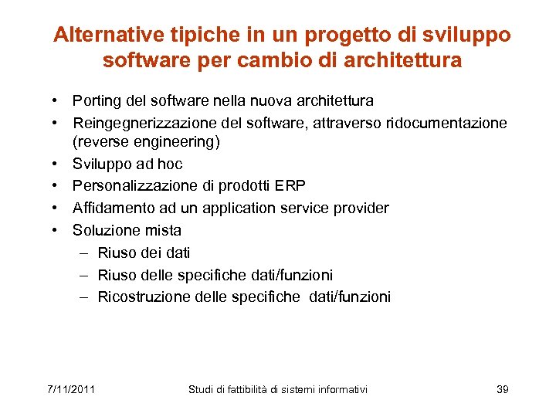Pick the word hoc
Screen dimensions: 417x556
[x=170, y=164]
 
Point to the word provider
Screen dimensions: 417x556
[x=361, y=208]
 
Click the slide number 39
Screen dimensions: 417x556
[x=502, y=389]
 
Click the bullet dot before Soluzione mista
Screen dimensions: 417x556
[x=57, y=230]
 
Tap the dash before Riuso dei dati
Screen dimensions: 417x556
[x=83, y=253]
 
